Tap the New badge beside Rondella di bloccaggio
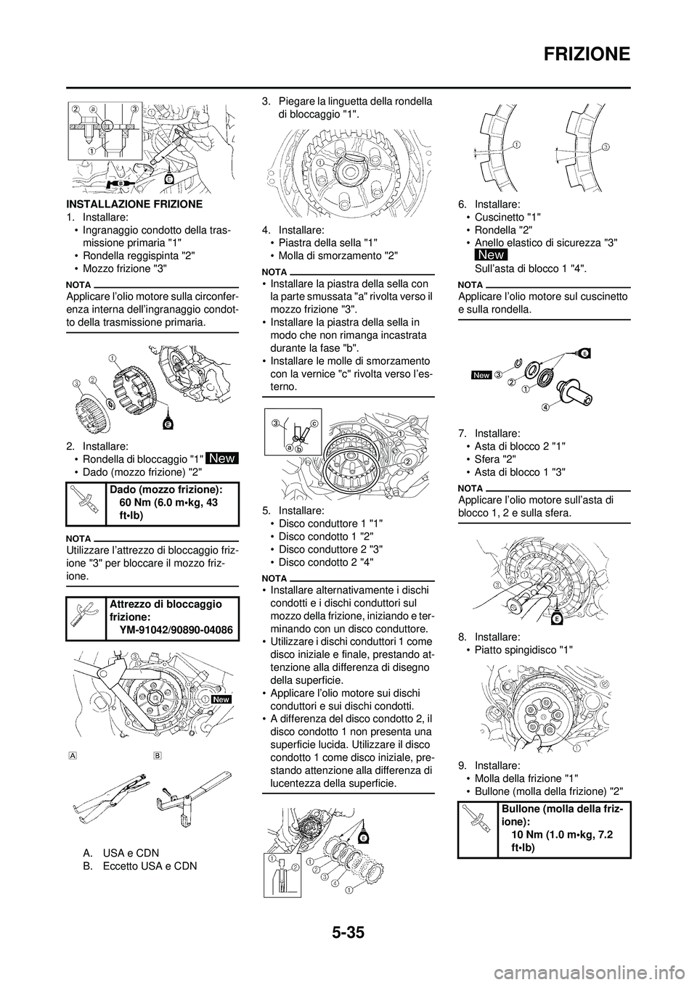click(x=222, y=458)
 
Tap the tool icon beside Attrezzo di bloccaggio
click(x=86, y=617)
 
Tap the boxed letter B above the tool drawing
click(x=158, y=754)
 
